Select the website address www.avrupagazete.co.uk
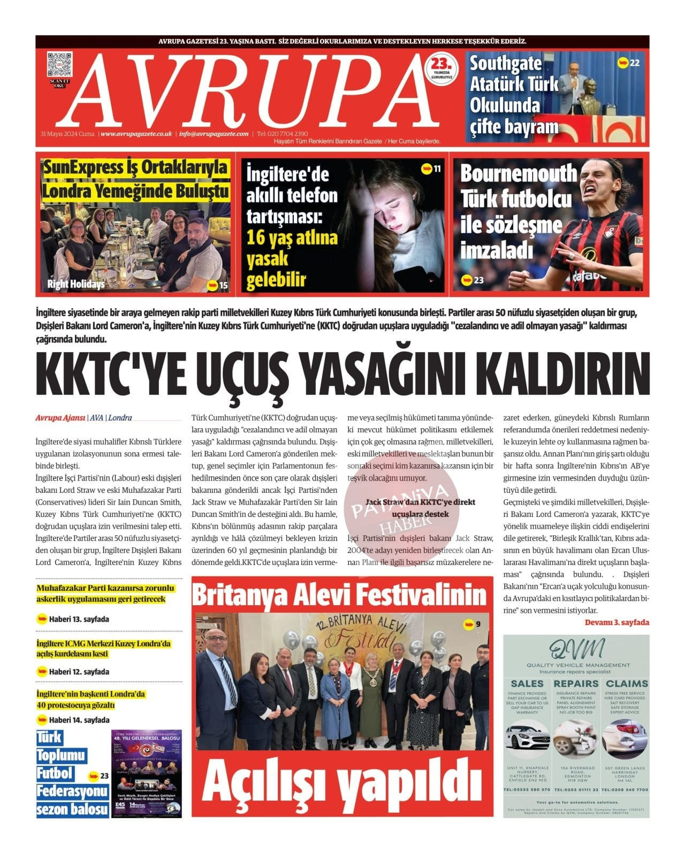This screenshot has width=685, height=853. click(x=136, y=134)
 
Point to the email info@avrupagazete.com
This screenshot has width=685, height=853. click(x=214, y=134)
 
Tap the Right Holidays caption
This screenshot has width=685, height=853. click(x=75, y=284)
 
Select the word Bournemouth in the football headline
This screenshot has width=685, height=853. click(x=518, y=174)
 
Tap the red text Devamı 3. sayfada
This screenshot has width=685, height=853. click(x=616, y=622)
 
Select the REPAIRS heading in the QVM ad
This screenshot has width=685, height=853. click(x=576, y=683)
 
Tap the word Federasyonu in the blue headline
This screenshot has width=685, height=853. click(x=72, y=791)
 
